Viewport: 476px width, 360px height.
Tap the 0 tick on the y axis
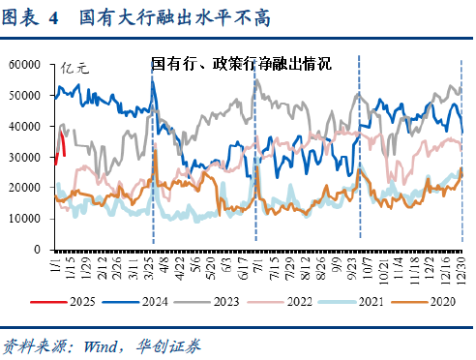pyautogui.click(x=36, y=250)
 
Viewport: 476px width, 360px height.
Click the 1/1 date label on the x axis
pyautogui.click(x=52, y=264)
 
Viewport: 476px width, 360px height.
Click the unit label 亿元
pyautogui.click(x=74, y=68)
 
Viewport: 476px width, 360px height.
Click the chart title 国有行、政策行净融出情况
pyautogui.click(x=241, y=65)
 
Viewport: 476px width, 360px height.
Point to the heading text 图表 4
pyautogui.click(x=30, y=16)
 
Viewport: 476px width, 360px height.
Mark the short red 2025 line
pyautogui.click(x=60, y=140)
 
